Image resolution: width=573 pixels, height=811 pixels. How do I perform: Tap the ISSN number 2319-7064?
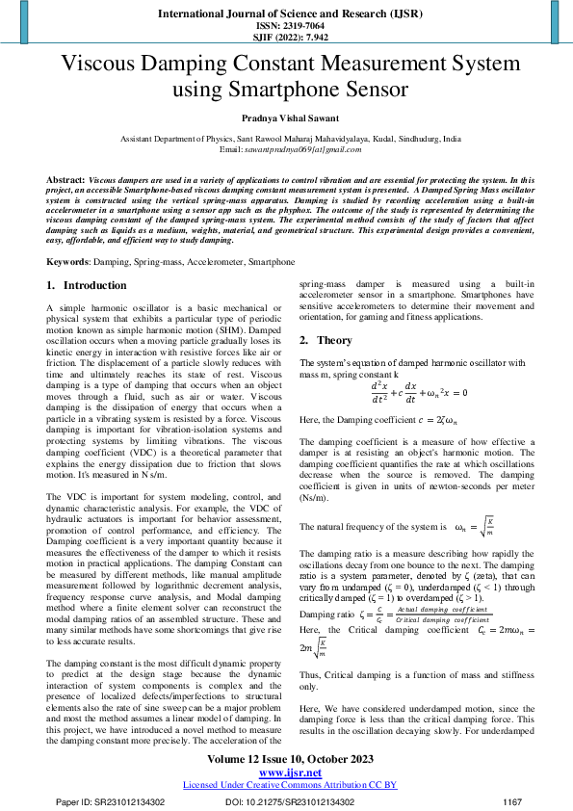(286, 26)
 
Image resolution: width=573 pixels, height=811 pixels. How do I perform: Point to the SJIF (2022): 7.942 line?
(286, 39)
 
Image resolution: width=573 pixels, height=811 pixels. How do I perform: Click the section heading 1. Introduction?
(87, 286)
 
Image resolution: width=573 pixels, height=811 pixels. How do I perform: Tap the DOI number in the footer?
(290, 801)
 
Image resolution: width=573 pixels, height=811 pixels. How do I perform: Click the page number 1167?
(512, 801)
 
